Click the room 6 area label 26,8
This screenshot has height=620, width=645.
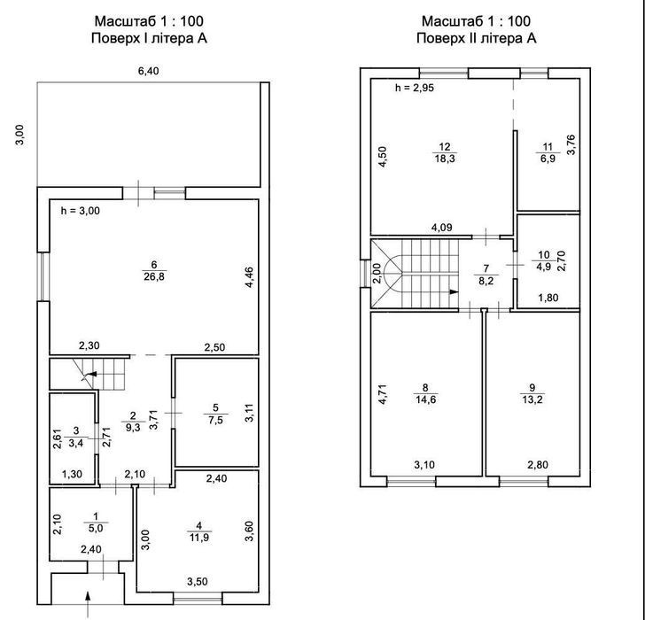coord(154,276)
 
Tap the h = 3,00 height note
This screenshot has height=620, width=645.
coord(81,211)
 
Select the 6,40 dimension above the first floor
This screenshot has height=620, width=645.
coord(149,71)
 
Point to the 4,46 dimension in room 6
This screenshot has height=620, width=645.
coord(249,277)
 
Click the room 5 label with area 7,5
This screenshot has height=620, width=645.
coord(216,414)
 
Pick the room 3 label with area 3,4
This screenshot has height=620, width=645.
coord(76,437)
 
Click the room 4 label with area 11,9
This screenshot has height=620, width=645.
coord(199,531)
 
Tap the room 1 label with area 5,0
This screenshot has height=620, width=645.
coord(96,523)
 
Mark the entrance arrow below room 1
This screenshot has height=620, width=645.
coord(87,603)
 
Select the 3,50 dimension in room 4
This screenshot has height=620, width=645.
coord(198,581)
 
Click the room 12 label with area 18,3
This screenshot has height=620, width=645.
coord(445,152)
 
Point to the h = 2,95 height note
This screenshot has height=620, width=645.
coord(415,88)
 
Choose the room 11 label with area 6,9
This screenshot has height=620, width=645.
coord(548,152)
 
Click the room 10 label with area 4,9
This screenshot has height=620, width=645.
coord(544,260)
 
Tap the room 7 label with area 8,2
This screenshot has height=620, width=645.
coord(486,275)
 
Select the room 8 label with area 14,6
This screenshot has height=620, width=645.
coord(425,393)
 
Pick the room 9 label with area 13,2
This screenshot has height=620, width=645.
coord(532,393)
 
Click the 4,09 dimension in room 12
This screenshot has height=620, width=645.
coord(442,227)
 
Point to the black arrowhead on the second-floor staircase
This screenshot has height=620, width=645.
coord(454,292)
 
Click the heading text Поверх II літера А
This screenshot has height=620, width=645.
coord(477,38)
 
